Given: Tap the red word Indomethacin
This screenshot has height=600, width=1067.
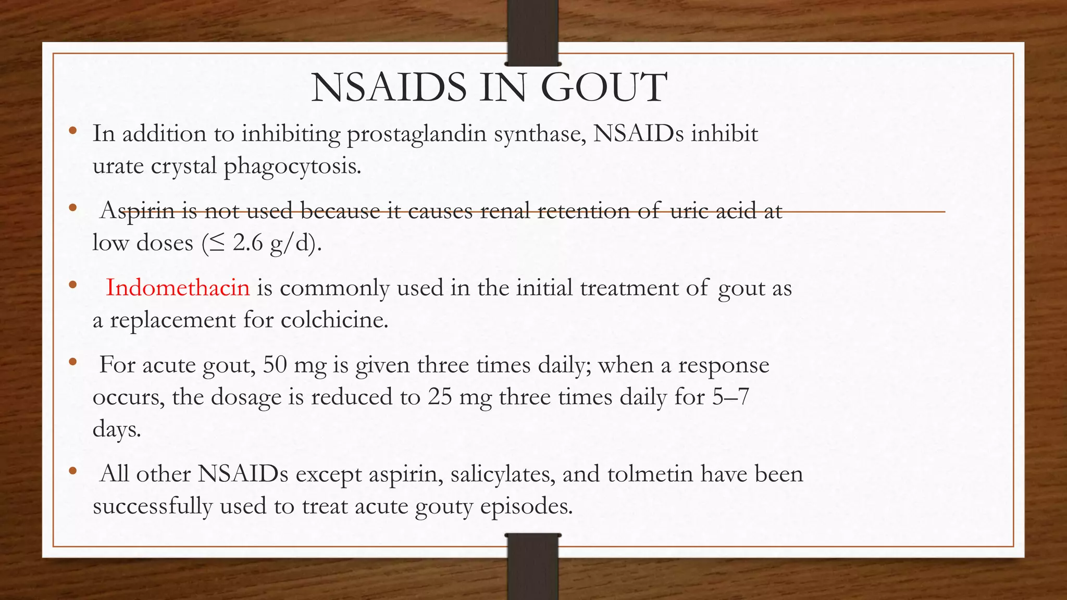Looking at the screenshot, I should pos(178,288).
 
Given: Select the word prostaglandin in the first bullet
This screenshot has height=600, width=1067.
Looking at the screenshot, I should pos(417,134).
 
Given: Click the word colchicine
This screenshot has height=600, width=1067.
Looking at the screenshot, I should pos(334,320).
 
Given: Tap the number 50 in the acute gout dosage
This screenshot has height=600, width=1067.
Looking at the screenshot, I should pos(275,365).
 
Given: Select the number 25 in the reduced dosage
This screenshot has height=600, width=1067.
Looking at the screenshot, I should pos(440,397).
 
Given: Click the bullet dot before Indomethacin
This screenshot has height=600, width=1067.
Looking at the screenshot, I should pos(72,284).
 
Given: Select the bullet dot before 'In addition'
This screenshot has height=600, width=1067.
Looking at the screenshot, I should pos(72,130).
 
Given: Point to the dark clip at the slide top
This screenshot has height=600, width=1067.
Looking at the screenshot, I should pos(532,32).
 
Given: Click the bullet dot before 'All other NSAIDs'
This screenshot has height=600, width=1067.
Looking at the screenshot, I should pos(72,471).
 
